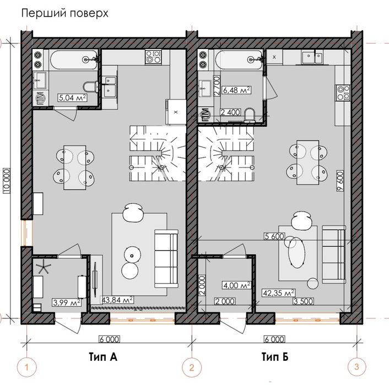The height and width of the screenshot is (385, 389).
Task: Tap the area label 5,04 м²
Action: pos(72,99)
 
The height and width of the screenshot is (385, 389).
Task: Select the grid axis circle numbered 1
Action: pos(27,366)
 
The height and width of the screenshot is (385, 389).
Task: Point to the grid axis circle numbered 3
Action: pos(356,366)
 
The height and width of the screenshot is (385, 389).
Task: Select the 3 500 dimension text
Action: pos(304,301)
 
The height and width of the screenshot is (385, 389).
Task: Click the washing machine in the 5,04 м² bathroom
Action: pos(40,99)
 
